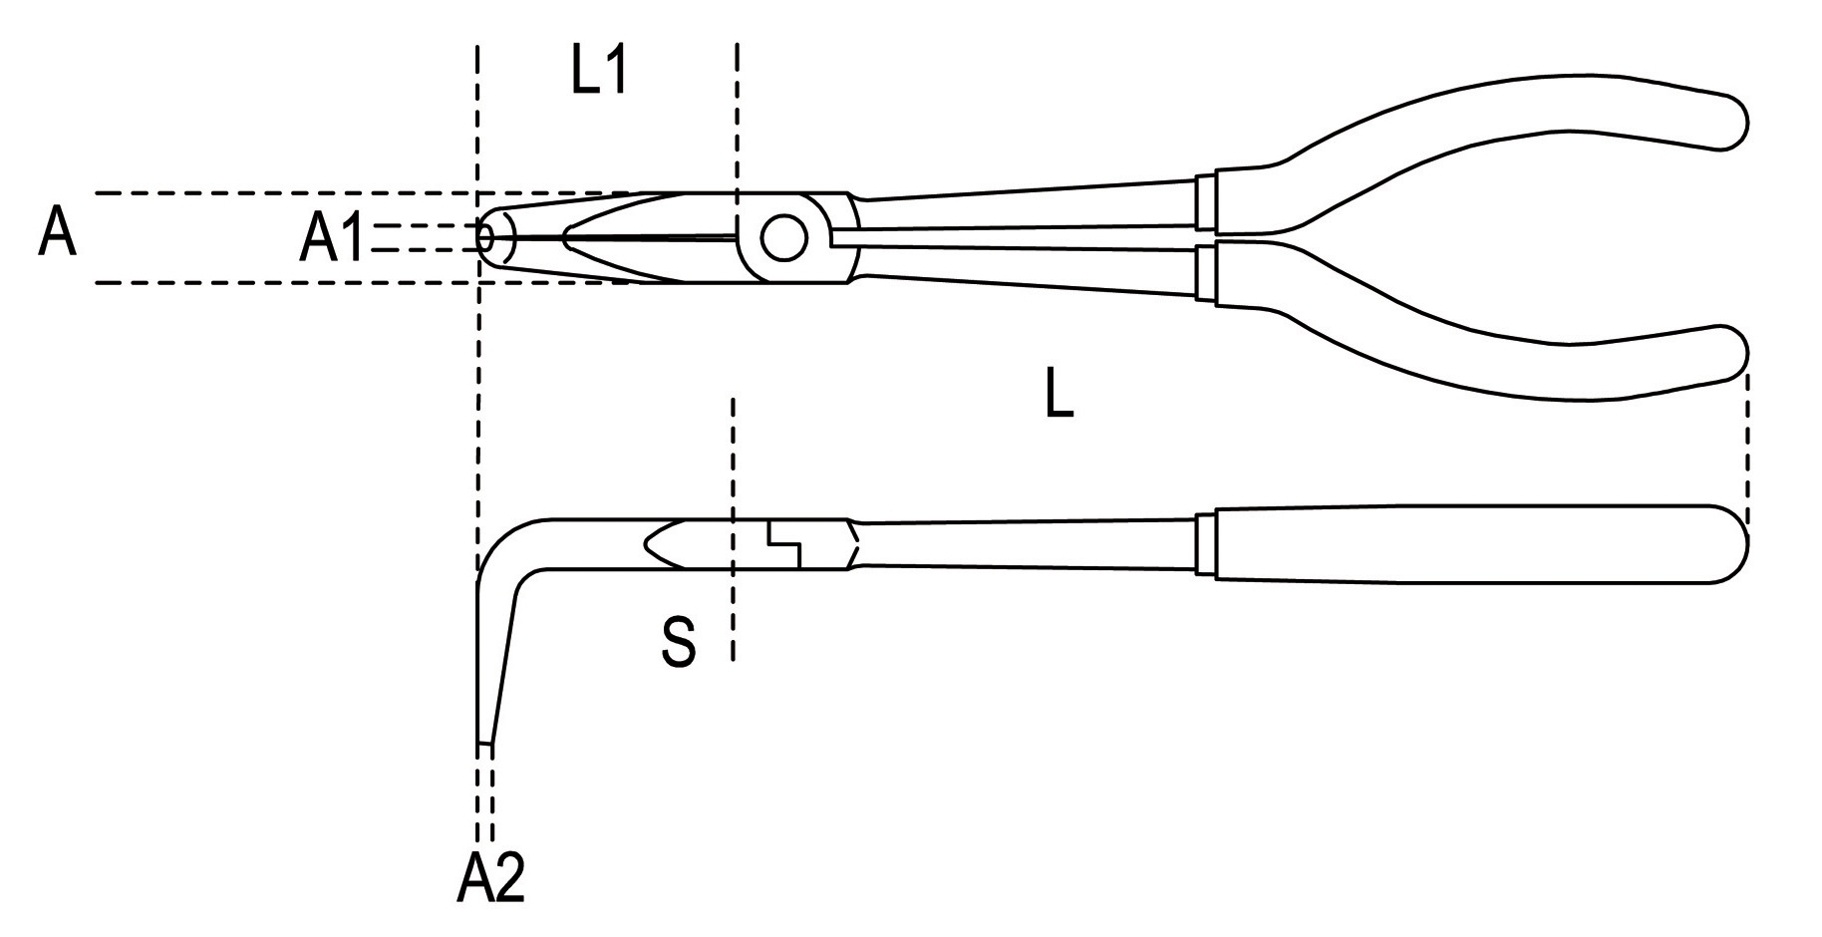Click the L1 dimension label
click(599, 72)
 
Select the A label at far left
click(57, 234)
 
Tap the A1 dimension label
click(332, 240)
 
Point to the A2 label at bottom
click(490, 878)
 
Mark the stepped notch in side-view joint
click(783, 545)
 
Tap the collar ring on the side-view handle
click(1204, 544)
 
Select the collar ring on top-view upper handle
click(1206, 202)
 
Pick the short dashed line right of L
click(1746, 444)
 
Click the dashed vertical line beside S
click(733, 528)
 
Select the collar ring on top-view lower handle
click(1206, 272)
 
